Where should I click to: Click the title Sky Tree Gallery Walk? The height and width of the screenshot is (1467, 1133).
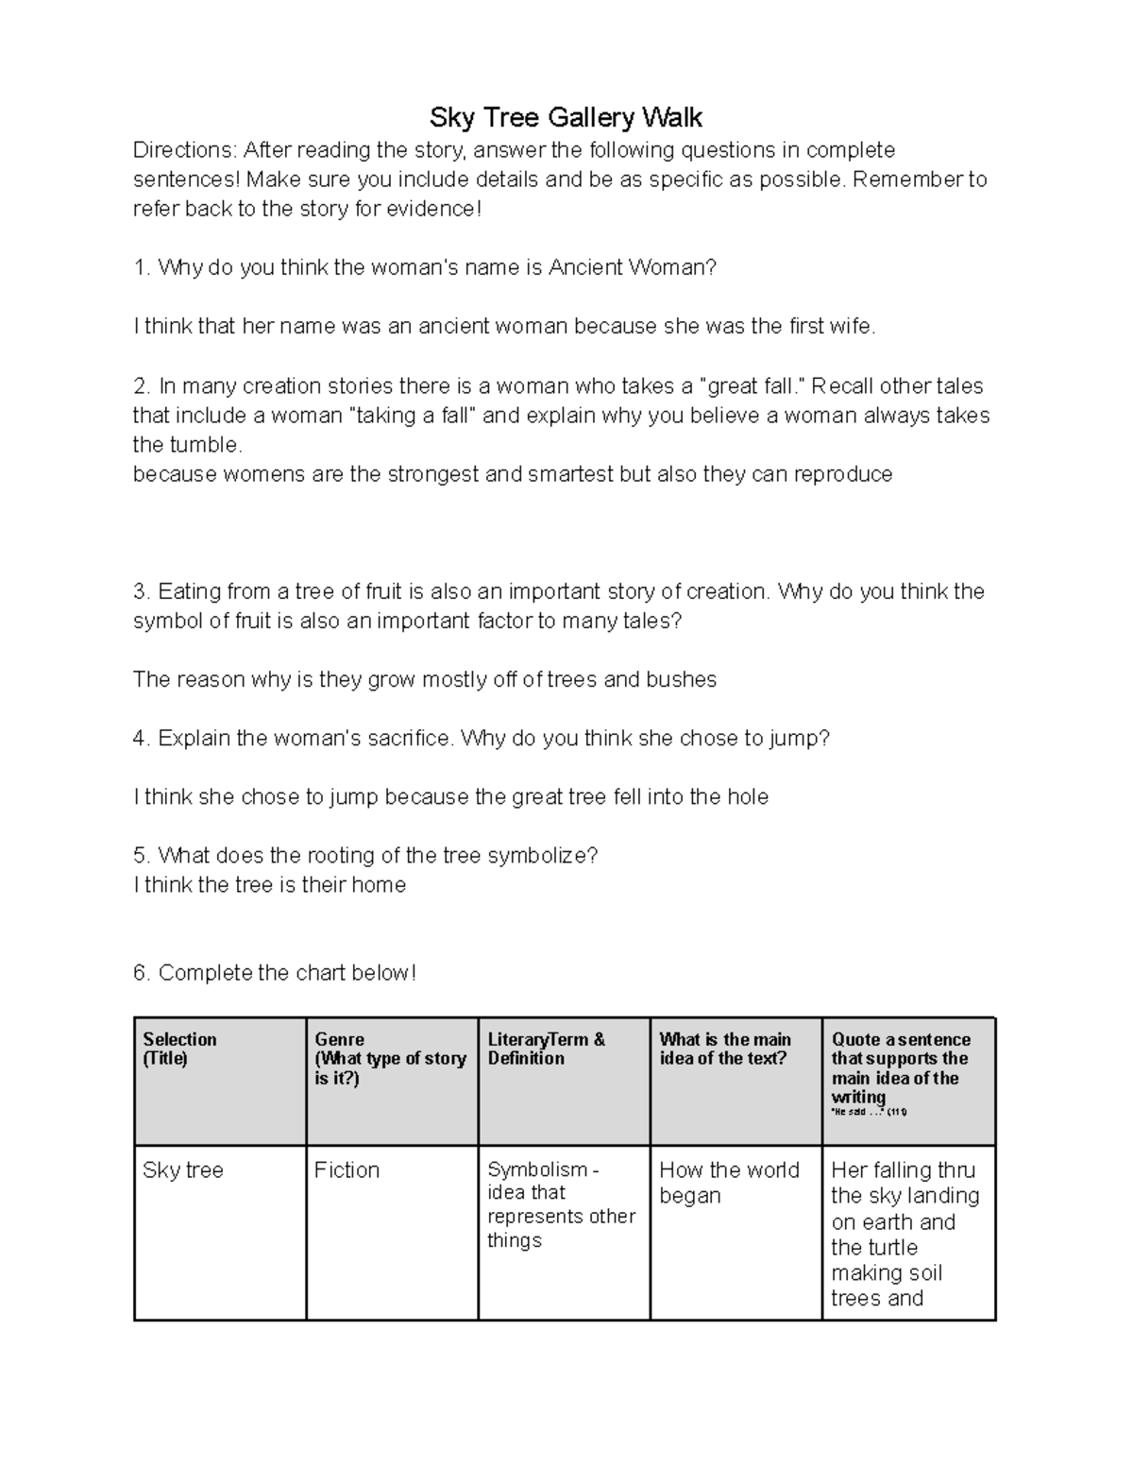point(566,118)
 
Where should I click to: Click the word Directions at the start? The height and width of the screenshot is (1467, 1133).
point(183,150)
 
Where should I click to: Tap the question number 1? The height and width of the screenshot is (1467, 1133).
point(140,268)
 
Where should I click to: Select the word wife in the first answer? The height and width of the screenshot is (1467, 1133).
point(854,327)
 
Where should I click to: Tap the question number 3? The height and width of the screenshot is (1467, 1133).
point(140,592)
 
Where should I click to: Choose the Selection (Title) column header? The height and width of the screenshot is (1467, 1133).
point(179,1049)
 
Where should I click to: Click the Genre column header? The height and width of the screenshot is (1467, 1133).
point(339,1039)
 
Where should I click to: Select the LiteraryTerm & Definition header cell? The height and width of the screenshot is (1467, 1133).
point(546,1049)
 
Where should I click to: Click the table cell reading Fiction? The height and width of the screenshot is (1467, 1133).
point(347,1170)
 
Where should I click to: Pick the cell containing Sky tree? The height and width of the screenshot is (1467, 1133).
point(183,1170)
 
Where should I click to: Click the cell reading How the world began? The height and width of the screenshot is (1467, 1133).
point(729,1183)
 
